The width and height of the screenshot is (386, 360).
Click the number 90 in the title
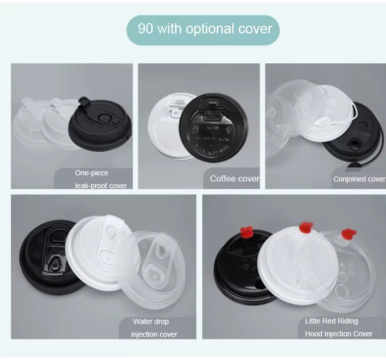[x=146, y=29]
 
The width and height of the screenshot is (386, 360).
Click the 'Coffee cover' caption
[x=235, y=178]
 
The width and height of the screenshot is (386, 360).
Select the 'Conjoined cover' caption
[x=359, y=179]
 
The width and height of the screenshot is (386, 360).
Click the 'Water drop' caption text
[x=151, y=321]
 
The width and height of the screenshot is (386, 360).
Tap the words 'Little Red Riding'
[x=331, y=321]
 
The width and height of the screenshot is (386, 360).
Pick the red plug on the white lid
[x=306, y=228]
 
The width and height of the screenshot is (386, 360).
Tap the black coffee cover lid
[x=214, y=128]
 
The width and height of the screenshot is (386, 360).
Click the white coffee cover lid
[x=166, y=125]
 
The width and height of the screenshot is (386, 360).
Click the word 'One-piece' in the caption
[x=92, y=173]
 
